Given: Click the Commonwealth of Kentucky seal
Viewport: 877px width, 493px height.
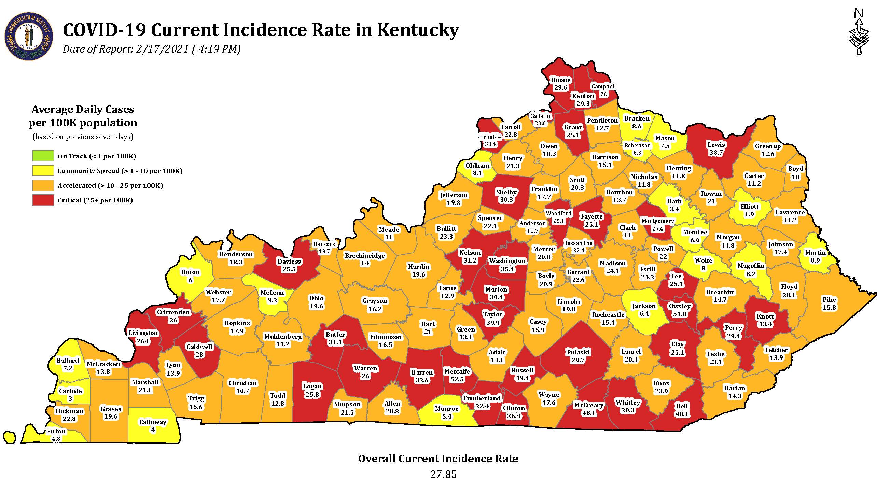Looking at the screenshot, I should [x=29, y=37].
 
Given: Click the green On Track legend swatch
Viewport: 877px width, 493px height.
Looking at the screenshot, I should [x=43, y=156].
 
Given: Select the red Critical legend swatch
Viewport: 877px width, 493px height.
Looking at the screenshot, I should [x=43, y=200].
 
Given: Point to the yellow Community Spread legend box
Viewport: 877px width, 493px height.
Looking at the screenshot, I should [x=43, y=170].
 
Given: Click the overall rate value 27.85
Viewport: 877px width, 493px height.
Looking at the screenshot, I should [x=443, y=474].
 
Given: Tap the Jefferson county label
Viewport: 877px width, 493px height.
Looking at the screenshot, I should [x=454, y=195].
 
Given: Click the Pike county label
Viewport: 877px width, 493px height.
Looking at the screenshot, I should [x=829, y=300].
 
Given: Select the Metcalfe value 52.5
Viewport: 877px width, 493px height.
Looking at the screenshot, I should [x=457, y=379].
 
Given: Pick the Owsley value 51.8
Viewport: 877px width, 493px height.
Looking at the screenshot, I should [x=679, y=314].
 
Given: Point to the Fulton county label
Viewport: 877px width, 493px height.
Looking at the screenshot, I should [x=56, y=431].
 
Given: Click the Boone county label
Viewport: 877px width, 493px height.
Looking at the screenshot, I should [x=561, y=80].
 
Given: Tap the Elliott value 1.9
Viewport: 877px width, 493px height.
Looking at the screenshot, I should [x=749, y=214].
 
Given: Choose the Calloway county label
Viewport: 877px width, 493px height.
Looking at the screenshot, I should [x=153, y=422].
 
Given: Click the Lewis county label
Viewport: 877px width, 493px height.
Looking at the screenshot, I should [x=716, y=145].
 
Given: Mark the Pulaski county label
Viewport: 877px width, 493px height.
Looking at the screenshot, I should [x=578, y=352].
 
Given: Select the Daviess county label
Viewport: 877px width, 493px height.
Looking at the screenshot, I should [x=289, y=262].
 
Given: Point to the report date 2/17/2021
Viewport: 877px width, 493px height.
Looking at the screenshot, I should [x=162, y=49].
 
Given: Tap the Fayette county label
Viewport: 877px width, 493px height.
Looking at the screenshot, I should [x=591, y=216].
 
